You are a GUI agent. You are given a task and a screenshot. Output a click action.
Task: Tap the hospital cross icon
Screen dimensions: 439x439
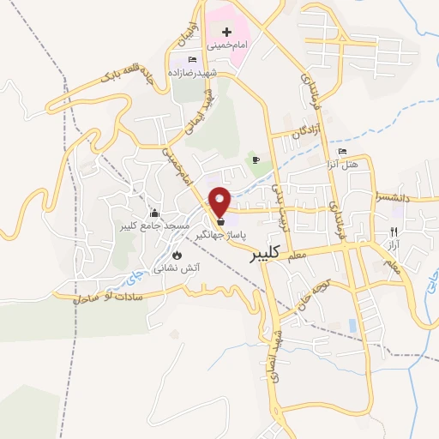coord(226,31)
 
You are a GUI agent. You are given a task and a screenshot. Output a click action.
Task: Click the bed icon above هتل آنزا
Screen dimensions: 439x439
coord(344,152)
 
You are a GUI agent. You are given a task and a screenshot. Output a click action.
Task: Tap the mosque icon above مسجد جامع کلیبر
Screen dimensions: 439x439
coord(154,213)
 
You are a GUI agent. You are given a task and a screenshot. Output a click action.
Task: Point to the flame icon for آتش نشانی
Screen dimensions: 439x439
coord(177,256)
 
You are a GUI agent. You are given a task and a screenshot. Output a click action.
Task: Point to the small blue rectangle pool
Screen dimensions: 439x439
coord(353,326)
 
